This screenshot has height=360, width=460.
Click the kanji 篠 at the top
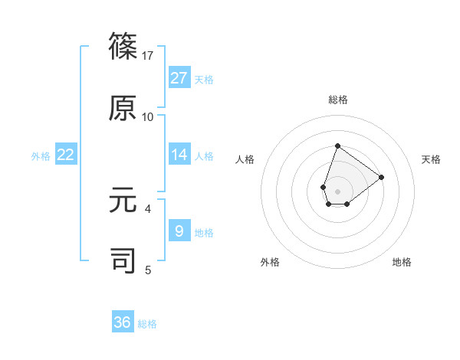(x=123, y=46)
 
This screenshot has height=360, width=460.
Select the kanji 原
(x=123, y=107)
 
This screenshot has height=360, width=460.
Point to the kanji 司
(x=123, y=260)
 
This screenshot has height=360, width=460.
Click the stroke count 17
(x=148, y=56)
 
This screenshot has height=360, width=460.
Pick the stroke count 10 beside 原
(x=148, y=117)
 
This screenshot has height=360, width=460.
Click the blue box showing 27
(x=179, y=77)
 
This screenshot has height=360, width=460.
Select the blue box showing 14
(x=179, y=155)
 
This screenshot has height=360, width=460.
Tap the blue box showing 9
(x=179, y=230)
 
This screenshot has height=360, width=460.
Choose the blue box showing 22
(x=66, y=155)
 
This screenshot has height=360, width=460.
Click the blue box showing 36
(x=123, y=322)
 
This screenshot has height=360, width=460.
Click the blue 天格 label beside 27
(x=204, y=79)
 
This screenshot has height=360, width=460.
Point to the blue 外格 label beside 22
(x=41, y=156)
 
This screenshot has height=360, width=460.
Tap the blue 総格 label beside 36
(x=147, y=324)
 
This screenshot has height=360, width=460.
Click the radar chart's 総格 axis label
(x=337, y=100)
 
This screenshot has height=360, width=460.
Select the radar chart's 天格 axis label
(x=431, y=159)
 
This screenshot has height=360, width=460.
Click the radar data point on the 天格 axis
(x=381, y=177)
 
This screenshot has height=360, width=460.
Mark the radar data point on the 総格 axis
(x=337, y=146)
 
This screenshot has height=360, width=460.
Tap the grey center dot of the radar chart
(x=337, y=191)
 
